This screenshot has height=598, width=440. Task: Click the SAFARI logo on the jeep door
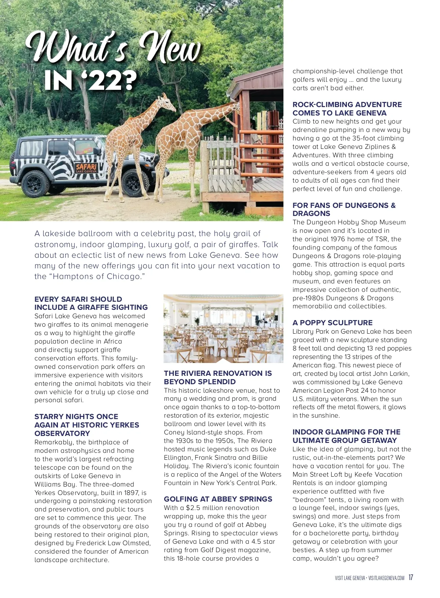click(x=86, y=168)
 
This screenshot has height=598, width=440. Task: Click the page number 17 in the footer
click(x=411, y=577)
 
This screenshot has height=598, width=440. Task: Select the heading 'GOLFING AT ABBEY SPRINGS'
click(x=218, y=499)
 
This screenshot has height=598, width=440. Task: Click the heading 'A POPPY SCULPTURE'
click(x=332, y=323)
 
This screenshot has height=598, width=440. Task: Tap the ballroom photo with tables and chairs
click(x=223, y=329)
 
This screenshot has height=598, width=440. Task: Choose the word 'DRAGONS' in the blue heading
click(x=311, y=213)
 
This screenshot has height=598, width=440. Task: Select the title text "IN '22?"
click(x=90, y=80)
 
